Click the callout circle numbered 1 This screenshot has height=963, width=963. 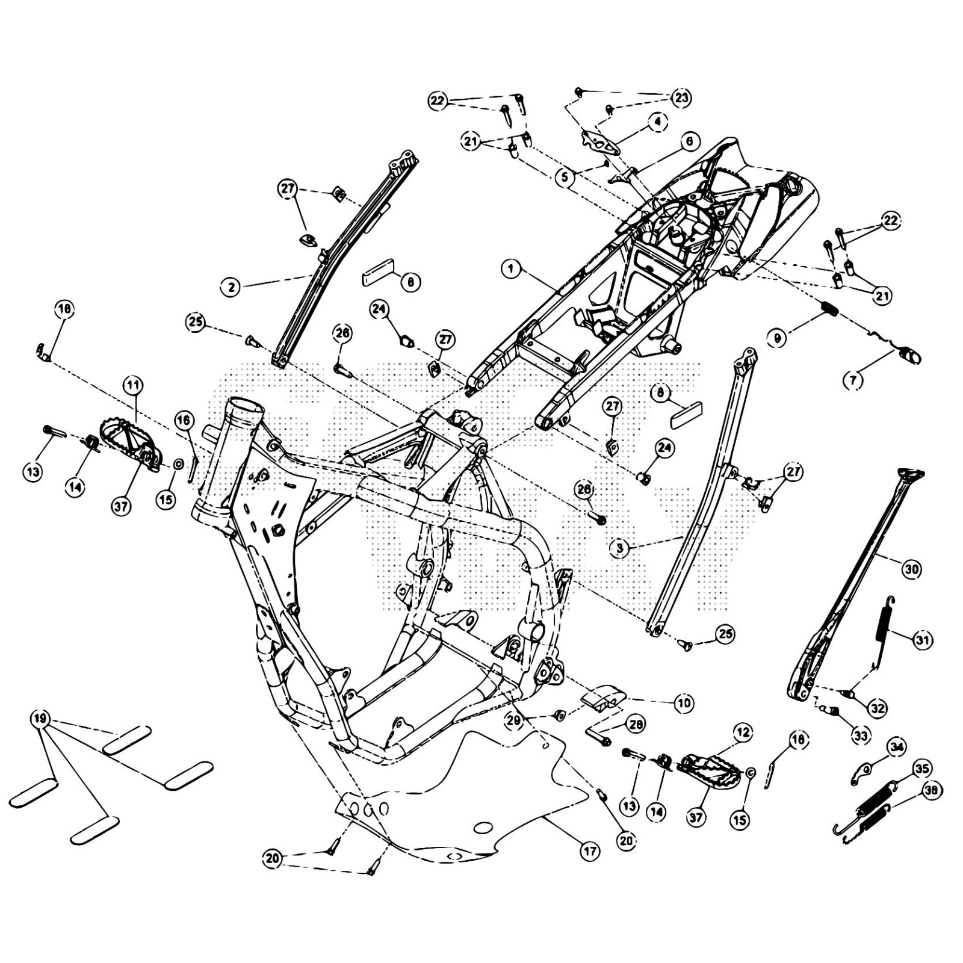coord(511,269)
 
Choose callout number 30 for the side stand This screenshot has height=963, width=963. coord(912,568)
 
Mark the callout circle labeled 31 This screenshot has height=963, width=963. coord(921,640)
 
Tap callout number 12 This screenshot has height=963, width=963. coord(742,732)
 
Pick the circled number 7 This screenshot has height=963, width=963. coord(856,380)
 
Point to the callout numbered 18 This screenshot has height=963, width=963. coord(64,310)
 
